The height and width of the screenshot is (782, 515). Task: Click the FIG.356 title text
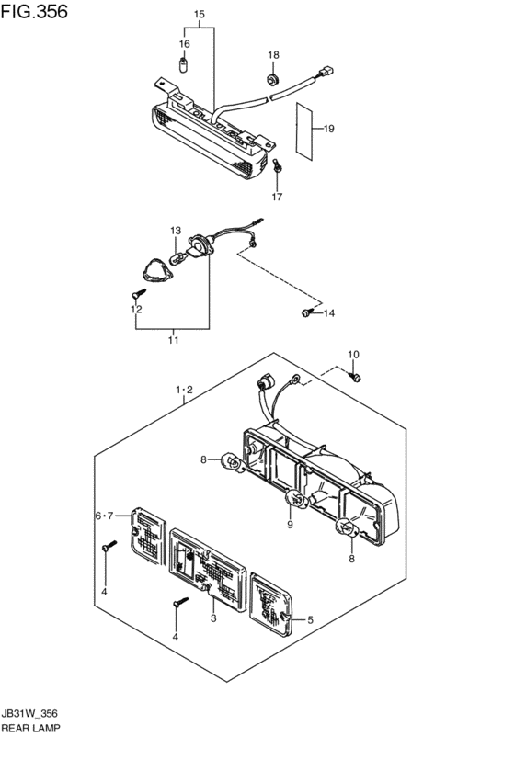click(x=34, y=11)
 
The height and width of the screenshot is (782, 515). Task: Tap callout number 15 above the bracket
click(x=200, y=15)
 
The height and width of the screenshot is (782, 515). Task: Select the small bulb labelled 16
click(x=183, y=65)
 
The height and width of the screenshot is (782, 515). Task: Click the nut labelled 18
click(x=272, y=79)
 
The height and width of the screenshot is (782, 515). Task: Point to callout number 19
click(x=328, y=129)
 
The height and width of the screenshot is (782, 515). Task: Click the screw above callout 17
click(x=278, y=166)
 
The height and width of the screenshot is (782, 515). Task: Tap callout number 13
click(x=176, y=231)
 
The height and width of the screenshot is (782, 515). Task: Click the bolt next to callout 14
click(x=306, y=312)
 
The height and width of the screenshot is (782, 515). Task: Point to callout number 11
click(x=173, y=340)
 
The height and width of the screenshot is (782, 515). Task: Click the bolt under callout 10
click(x=355, y=377)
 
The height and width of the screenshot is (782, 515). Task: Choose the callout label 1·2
click(x=184, y=390)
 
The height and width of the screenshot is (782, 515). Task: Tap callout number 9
click(x=290, y=524)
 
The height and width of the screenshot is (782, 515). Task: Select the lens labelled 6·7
click(x=148, y=536)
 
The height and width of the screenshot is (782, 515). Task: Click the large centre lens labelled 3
click(x=208, y=570)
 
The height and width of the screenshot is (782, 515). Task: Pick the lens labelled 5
click(x=271, y=605)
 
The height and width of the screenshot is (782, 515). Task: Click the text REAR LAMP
click(x=30, y=728)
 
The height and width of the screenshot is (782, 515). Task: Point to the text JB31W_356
click(x=29, y=714)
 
